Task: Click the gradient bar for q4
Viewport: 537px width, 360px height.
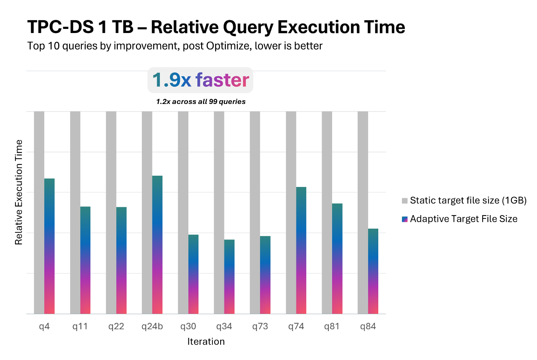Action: coord(50,246)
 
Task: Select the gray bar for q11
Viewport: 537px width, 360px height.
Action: coord(75,212)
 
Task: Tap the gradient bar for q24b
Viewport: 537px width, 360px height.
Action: coord(157,244)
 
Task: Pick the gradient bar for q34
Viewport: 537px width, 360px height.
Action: coord(229,276)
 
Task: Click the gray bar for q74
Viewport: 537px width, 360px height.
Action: coord(291,212)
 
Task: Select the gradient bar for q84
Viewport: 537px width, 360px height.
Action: coord(373,271)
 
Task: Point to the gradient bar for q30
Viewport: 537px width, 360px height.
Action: coord(193,274)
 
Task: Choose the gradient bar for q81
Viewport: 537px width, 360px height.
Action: coord(337,258)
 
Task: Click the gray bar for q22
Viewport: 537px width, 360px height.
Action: coord(111,212)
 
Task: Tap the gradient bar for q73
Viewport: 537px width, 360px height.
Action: coord(265,274)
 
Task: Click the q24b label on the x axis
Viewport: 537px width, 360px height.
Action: coord(152,327)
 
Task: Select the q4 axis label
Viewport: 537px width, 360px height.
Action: coord(44,327)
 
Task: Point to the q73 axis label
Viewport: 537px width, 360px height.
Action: coord(260,327)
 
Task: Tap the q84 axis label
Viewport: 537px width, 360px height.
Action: coord(368,327)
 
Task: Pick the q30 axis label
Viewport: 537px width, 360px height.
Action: coord(188,327)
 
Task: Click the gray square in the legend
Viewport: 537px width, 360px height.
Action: coord(405,201)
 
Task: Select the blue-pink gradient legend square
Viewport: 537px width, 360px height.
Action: coord(405,219)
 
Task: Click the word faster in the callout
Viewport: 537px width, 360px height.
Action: coord(222,80)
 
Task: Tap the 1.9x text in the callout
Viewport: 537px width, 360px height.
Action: coord(171,80)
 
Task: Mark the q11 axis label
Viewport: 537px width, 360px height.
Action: coord(80,327)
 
